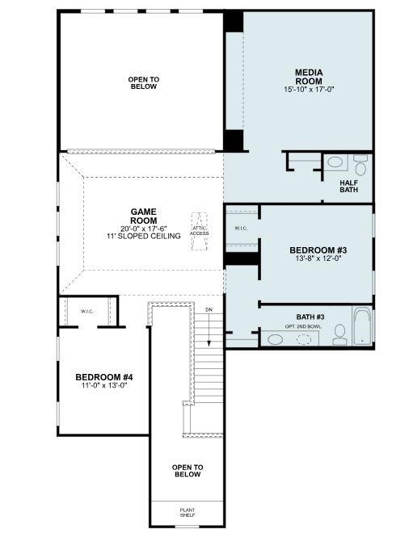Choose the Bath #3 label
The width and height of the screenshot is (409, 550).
click(x=310, y=317)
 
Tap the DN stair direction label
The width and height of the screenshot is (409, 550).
click(x=209, y=309)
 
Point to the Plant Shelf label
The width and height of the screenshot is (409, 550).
click(x=187, y=511)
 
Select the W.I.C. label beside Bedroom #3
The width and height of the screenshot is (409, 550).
click(x=241, y=229)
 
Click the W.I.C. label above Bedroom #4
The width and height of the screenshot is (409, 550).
click(x=87, y=311)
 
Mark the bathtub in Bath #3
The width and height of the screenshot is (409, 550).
click(x=361, y=327)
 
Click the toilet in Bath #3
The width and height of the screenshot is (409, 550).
click(x=339, y=334)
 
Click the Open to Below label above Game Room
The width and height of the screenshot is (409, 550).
click(x=143, y=83)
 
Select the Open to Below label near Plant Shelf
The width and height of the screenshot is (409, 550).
click(x=187, y=471)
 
